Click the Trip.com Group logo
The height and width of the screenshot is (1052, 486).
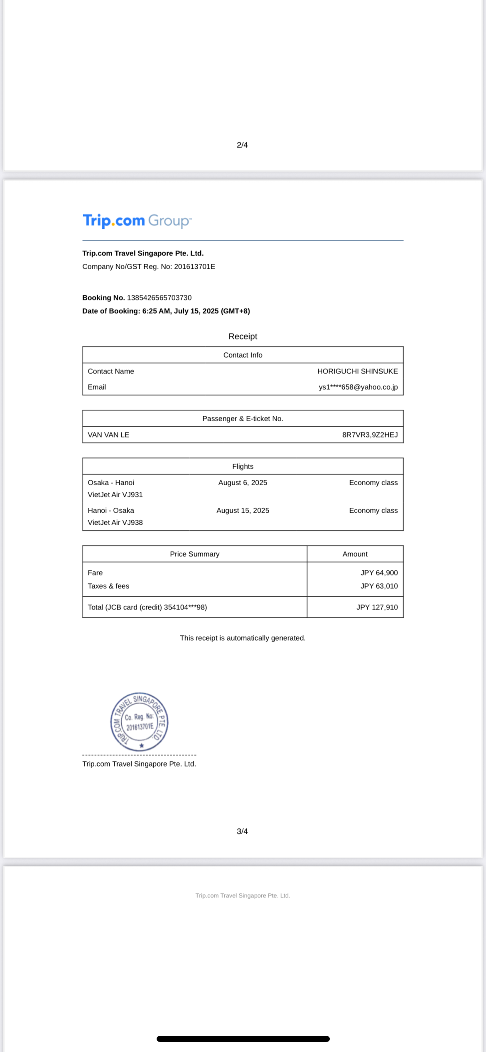(x=137, y=221)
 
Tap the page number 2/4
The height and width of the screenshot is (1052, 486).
(x=242, y=145)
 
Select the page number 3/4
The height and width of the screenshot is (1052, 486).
(x=242, y=831)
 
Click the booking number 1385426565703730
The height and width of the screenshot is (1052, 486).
(x=159, y=298)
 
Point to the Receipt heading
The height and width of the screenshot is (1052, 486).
(x=243, y=337)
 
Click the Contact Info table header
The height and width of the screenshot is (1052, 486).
(x=243, y=355)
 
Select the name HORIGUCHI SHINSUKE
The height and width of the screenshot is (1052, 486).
(x=357, y=371)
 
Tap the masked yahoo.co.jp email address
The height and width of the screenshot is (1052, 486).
(x=358, y=387)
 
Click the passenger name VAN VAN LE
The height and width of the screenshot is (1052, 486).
(x=108, y=435)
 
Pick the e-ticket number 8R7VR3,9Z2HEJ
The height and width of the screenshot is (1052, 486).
(x=370, y=435)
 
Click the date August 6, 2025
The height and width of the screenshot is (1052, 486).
(x=243, y=483)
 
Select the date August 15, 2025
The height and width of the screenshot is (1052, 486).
(x=243, y=511)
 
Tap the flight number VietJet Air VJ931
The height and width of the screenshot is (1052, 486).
(x=115, y=495)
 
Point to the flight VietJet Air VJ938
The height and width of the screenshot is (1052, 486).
(x=115, y=523)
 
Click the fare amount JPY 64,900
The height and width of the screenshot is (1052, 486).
(x=379, y=573)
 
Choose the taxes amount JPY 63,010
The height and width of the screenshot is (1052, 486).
(x=379, y=586)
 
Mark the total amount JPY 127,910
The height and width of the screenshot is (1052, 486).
(x=377, y=607)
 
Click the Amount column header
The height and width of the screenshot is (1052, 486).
(x=355, y=554)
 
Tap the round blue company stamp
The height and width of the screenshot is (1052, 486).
(x=139, y=722)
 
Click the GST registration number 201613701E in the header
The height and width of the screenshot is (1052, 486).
(x=194, y=267)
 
